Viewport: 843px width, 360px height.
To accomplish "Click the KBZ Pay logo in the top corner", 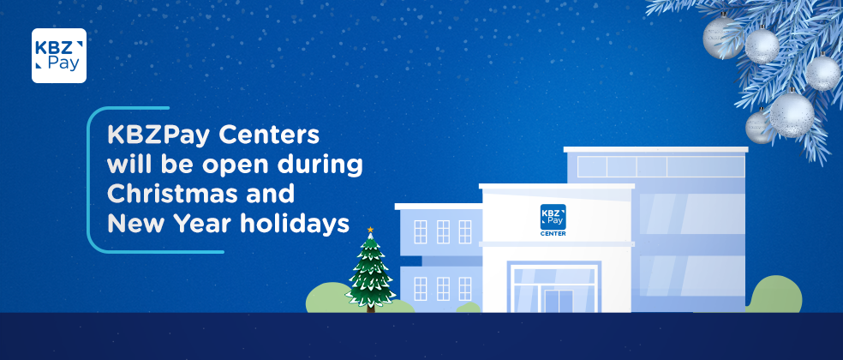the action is coord(59,56).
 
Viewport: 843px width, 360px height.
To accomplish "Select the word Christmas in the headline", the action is coord(168,193).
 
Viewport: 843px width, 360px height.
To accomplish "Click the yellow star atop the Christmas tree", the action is coord(370,230).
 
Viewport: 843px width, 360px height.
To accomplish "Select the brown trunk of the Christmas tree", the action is coord(370,309).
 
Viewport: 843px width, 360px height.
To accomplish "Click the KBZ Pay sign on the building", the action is coord(553,217).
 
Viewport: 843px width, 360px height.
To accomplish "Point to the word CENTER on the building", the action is coord(553,233).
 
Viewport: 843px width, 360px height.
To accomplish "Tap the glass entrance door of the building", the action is coord(559,301).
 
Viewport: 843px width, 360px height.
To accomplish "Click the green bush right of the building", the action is coord(776,295).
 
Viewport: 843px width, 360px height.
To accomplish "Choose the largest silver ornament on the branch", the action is coord(792,114).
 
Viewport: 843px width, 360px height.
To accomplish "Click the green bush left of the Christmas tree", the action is coord(328,297).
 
